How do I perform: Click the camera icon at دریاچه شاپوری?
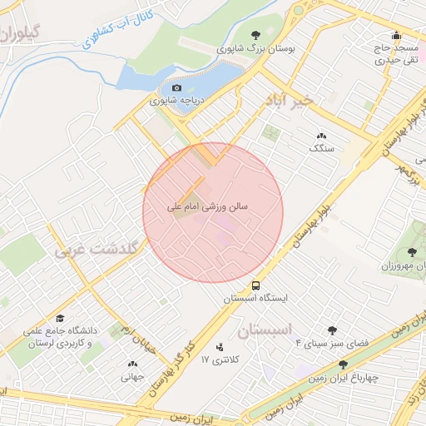pos(176,87)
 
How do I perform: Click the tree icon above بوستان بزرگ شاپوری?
pos(255,35)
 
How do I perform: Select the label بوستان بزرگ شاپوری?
pos(255,48)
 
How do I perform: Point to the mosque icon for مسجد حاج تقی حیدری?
pos(396,35)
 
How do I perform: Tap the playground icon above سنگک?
pos(321,136)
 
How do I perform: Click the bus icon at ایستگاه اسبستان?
pos(255,283)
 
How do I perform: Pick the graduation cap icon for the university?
pos(60,319)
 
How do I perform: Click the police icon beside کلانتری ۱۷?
pos(220,347)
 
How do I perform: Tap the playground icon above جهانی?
pos(132,364)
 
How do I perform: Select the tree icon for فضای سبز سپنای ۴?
pos(333,329)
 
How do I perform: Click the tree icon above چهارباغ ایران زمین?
pos(343,364)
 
